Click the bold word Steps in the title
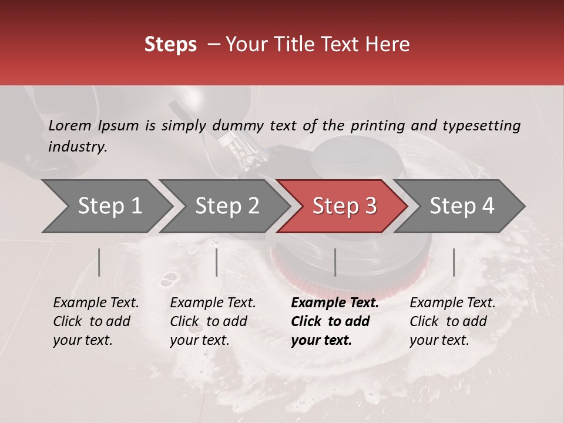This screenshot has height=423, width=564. [x=170, y=45]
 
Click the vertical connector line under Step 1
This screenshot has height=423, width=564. [x=99, y=262]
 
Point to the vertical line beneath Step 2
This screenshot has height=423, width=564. [x=217, y=262]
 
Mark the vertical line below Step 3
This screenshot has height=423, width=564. [x=335, y=262]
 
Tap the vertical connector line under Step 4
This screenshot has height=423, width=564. [x=454, y=262]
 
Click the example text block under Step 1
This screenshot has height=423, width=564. [x=96, y=321]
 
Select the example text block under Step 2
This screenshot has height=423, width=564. [x=213, y=321]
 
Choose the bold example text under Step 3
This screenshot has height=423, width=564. [x=334, y=321]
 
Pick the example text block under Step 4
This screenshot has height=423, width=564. [x=452, y=321]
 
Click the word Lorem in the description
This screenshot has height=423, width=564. [x=70, y=126]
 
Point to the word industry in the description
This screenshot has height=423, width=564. [x=77, y=147]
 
